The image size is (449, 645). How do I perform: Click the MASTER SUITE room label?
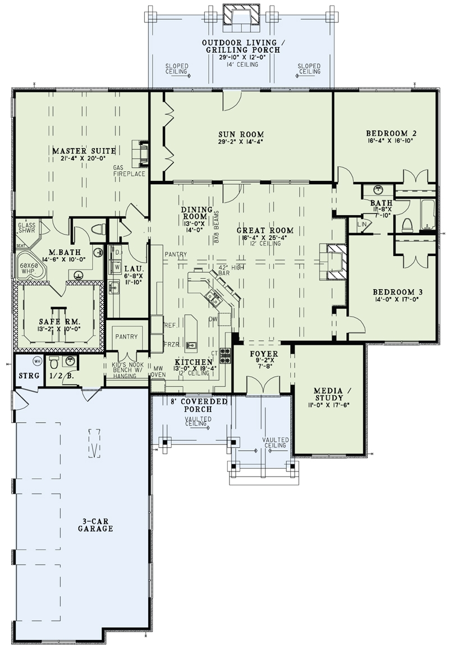[x=84, y=151]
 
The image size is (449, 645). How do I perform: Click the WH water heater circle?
[x=37, y=360]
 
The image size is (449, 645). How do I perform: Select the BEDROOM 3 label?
[x=398, y=292]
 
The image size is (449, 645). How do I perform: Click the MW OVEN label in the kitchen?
[x=158, y=371]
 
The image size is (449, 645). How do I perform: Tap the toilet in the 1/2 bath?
[x=54, y=360]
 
